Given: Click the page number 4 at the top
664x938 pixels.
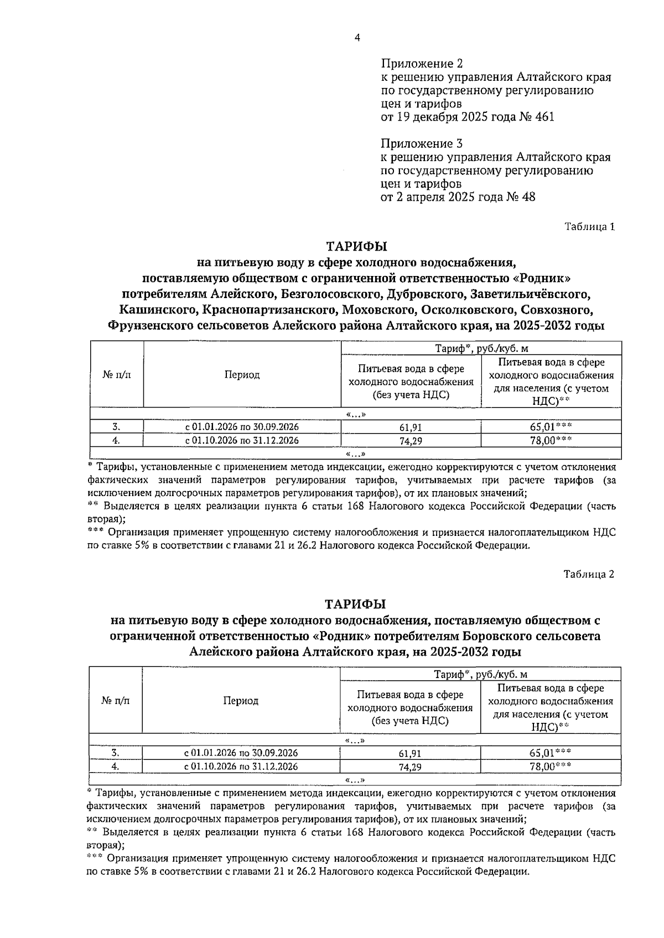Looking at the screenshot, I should pyautogui.click(x=357, y=38).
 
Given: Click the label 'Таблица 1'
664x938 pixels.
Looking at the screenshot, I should pyautogui.click(x=589, y=226).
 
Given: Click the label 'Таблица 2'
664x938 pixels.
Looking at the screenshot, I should pyautogui.click(x=589, y=574).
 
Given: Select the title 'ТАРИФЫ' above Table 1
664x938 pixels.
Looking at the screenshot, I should pyautogui.click(x=356, y=246).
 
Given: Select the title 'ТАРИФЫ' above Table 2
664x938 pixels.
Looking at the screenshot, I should pyautogui.click(x=356, y=603).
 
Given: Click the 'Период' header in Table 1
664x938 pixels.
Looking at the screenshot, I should pyautogui.click(x=242, y=375).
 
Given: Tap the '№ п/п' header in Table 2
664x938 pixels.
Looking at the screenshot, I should pyautogui.click(x=116, y=701).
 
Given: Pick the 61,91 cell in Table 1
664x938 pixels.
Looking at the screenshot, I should pyautogui.click(x=411, y=428).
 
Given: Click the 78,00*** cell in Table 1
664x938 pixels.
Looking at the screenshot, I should pyautogui.click(x=551, y=440).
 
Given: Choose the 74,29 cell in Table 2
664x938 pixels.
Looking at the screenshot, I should pyautogui.click(x=410, y=767).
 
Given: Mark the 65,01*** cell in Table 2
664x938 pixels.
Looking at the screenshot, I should pyautogui.click(x=550, y=753).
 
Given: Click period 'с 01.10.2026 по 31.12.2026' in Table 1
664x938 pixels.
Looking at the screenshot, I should pyautogui.click(x=242, y=440).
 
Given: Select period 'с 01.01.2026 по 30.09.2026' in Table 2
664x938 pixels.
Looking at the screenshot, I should pyautogui.click(x=241, y=753).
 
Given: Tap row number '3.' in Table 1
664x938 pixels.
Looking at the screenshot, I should pyautogui.click(x=116, y=427).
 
